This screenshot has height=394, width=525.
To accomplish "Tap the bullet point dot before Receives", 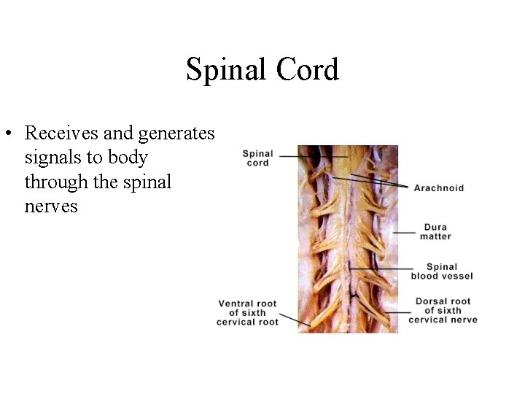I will [x=8, y=134].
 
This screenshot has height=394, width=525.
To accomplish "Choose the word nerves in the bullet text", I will [x=51, y=206].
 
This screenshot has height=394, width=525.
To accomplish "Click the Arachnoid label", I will [x=438, y=188].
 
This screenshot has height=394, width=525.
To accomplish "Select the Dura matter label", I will [x=436, y=232].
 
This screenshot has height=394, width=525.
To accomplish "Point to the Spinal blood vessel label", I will [x=442, y=271].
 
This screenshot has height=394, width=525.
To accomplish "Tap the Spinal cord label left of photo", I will [x=257, y=158].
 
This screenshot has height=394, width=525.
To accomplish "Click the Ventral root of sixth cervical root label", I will [x=247, y=313].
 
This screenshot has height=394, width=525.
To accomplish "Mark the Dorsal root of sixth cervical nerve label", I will [x=443, y=310].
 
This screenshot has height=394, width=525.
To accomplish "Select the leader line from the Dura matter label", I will [x=403, y=232].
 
